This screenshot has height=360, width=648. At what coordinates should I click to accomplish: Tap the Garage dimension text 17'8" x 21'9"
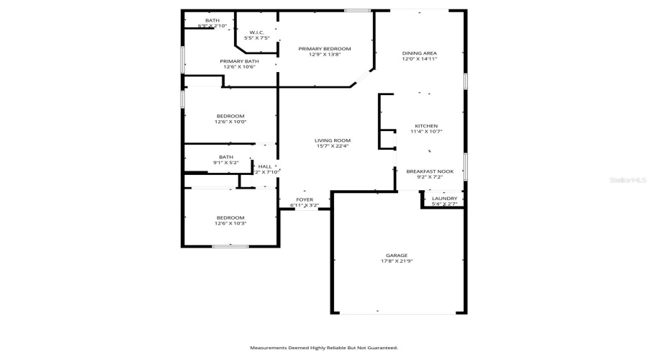pos(396,261)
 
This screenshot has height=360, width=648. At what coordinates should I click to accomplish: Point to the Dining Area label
pos(419,53)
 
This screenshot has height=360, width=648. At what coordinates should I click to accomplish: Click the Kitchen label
pos(426,126)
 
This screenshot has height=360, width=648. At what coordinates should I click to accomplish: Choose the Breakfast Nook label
pos(429,171)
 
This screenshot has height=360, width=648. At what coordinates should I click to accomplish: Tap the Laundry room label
pos(444,199)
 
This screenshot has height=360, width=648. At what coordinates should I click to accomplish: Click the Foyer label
pos(305,199)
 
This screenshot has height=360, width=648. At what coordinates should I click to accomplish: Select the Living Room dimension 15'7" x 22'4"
pos(332,146)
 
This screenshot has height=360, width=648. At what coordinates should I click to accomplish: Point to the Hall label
pos(265,166)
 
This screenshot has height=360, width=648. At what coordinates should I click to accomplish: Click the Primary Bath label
pos(239,61)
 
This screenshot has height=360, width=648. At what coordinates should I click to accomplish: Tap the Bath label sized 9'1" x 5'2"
pos(226,157)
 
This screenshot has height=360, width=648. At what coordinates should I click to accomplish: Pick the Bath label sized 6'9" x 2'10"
pos(212,20)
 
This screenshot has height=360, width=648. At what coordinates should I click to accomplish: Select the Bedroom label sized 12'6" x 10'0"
pos(230,116)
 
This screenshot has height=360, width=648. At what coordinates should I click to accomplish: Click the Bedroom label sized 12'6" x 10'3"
pos(230,217)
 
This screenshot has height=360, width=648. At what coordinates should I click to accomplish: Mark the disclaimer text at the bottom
pos(324,348)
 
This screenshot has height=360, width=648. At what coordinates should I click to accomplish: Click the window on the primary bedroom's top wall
pos(357,10)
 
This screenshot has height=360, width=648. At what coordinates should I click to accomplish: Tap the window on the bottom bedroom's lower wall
pos(230,246)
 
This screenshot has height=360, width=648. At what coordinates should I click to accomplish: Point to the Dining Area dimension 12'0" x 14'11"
pos(419,59)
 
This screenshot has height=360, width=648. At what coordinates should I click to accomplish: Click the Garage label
pos(396,255)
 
